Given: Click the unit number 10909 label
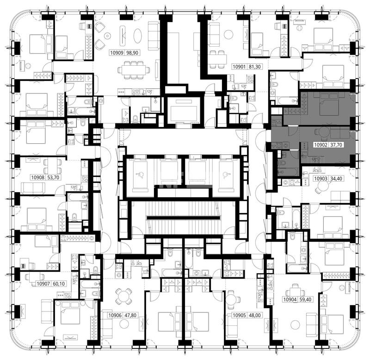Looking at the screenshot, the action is pos(117,53).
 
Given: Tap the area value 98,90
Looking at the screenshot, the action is pos(132,53).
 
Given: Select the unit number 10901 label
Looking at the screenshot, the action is pos(239,67).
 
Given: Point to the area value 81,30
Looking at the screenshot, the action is pos(255,67).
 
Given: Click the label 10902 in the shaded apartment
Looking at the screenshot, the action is pos(321,145).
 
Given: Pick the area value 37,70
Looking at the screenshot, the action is pos(336,145).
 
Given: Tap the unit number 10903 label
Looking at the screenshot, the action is pos(321,178).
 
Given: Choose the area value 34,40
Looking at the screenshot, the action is pos(336,178).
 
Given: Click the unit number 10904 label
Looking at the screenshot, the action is pos(290,299).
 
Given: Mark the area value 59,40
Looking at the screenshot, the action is pos(305,299).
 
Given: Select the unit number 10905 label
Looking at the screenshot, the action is pos(239,315).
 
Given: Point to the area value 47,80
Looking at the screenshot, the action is pos(130,315).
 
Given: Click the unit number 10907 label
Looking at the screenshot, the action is pos(43,284).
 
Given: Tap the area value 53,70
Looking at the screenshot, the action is pos(53,177).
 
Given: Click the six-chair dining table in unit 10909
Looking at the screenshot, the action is pos(134,70).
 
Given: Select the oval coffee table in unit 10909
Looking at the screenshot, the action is pos(137,36).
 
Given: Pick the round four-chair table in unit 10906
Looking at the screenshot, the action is pos(123,296).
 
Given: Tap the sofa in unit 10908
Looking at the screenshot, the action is pos(33,188).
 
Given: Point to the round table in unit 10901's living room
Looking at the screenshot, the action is pos(228,35).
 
